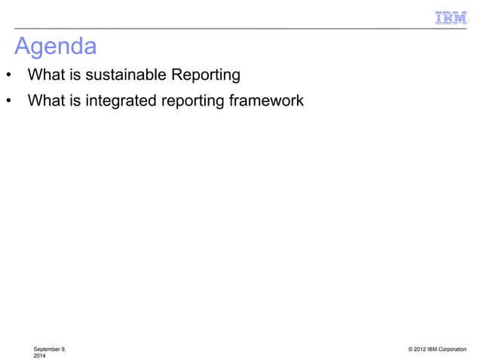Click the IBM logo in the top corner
tap(451, 18)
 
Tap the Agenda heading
tap(56, 47)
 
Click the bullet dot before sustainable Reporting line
tap(8, 76)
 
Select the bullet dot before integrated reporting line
tap(8, 100)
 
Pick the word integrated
tap(119, 99)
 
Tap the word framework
tap(268, 99)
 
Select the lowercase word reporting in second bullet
tap(191, 99)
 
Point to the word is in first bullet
tap(75, 75)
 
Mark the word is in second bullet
tap(75, 99)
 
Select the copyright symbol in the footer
tap(410, 349)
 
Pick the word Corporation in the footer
tap(453, 349)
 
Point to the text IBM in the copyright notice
tap(435, 349)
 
